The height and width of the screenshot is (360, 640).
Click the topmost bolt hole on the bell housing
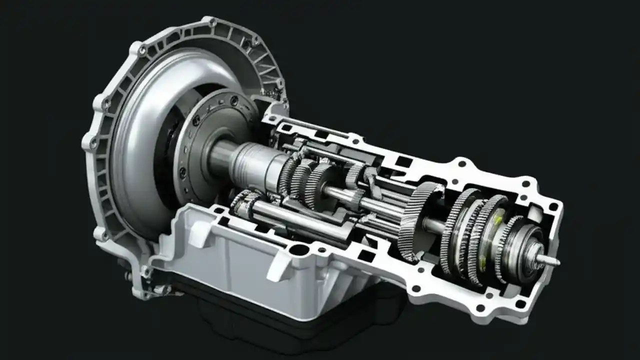[212, 22]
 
